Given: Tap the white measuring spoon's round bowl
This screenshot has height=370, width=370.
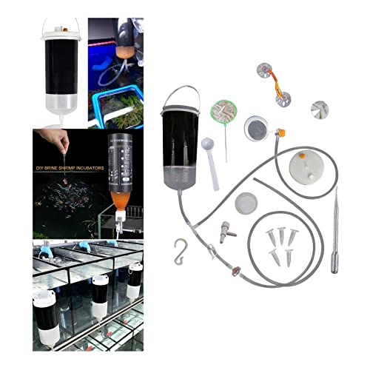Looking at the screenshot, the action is tap(207, 144).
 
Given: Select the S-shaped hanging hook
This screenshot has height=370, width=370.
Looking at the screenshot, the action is tap(180, 252).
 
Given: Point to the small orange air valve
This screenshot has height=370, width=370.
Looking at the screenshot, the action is tap(281, 133).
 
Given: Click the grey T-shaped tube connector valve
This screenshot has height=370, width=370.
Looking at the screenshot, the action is tap(226, 231).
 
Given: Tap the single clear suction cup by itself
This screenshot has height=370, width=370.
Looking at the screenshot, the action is tap(320, 110).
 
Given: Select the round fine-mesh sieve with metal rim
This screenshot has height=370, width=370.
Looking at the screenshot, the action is tap(256, 129).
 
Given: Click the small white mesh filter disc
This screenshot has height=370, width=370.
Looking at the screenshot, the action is tap(246, 203).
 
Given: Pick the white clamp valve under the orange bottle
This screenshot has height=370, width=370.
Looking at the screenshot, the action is tap(119, 221).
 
